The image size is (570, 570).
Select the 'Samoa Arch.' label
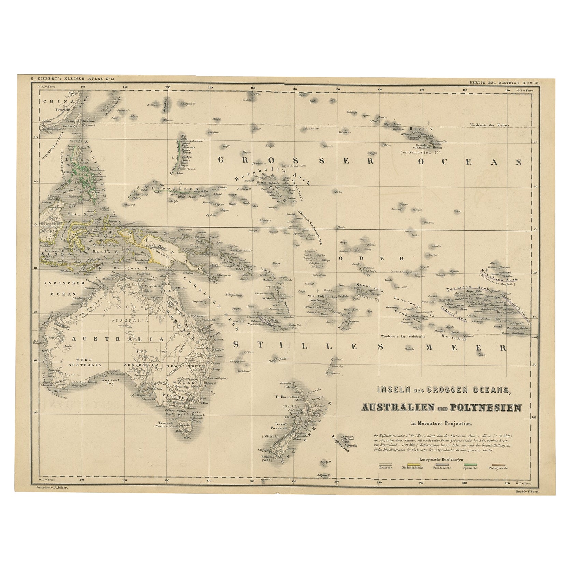(370, 286)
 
